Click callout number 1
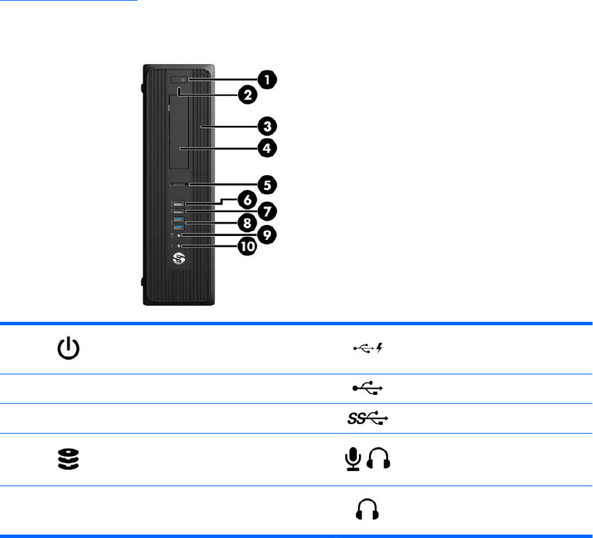pos(271,80)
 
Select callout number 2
pos(247,95)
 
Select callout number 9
pos(267,235)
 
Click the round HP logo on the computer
pos(179,259)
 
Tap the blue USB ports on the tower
pos(179,222)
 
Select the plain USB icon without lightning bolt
pos(368,388)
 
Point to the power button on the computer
pos(180,80)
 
